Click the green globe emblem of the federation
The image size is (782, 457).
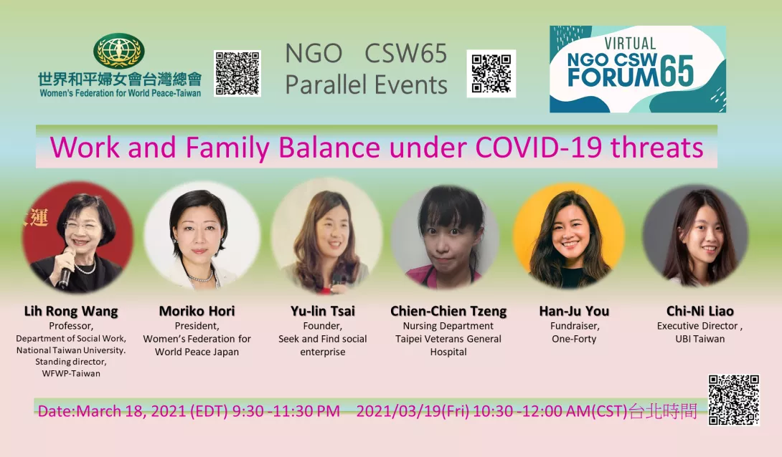point(118,50)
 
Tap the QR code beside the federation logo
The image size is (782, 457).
point(237,73)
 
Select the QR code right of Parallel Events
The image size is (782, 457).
point(491,74)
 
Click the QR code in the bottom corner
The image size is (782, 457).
point(734,400)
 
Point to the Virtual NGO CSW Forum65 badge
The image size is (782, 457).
point(637,69)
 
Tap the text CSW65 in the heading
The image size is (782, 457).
point(405,53)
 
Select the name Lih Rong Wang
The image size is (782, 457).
point(71,312)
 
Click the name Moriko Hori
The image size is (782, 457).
point(197,311)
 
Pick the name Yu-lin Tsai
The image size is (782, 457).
point(323,311)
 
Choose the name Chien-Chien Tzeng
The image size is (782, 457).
point(448,312)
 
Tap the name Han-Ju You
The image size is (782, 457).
point(574,311)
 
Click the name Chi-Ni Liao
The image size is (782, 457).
point(699,311)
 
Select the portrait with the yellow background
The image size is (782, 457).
point(569,236)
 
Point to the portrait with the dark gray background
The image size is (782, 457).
point(695,236)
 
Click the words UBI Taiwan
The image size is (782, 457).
point(699,339)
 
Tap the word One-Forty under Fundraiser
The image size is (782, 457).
point(574,339)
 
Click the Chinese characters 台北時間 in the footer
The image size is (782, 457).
point(663,411)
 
